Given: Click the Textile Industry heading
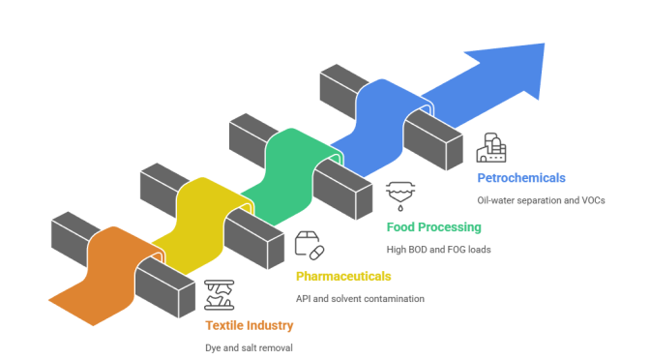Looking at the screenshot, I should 249,325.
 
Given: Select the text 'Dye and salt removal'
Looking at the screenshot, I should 249,347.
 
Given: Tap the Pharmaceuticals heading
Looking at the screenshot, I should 343,276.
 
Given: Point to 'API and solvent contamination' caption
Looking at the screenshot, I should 360,299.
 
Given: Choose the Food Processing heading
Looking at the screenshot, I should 433,227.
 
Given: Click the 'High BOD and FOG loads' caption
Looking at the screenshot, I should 439,250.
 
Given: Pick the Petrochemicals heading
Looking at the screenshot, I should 521,178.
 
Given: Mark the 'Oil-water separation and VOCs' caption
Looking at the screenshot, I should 541,200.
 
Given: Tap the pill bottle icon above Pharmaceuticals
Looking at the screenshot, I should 309,245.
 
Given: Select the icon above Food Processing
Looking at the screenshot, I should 399,195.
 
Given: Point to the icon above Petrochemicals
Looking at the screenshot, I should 490,147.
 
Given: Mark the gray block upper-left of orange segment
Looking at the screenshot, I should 71,235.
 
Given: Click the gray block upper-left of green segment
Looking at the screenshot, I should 250,135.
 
